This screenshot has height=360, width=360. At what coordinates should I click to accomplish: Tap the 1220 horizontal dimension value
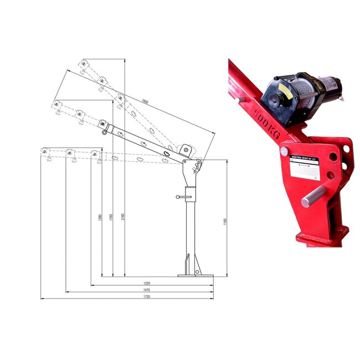pyautogui.click(x=147, y=283)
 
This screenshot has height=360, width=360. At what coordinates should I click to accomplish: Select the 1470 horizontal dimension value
pyautogui.click(x=147, y=290)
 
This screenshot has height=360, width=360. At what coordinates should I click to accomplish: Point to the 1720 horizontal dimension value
pyautogui.click(x=147, y=297)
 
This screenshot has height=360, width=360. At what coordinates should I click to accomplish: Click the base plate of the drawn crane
pyautogui.click(x=195, y=275)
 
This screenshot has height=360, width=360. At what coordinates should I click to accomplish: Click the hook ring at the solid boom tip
pyautogui.click(x=104, y=132)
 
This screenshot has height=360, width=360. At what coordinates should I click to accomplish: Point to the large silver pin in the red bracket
pyautogui.click(x=312, y=196)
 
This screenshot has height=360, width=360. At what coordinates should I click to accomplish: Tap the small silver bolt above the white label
pyautogui.click(x=284, y=151)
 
